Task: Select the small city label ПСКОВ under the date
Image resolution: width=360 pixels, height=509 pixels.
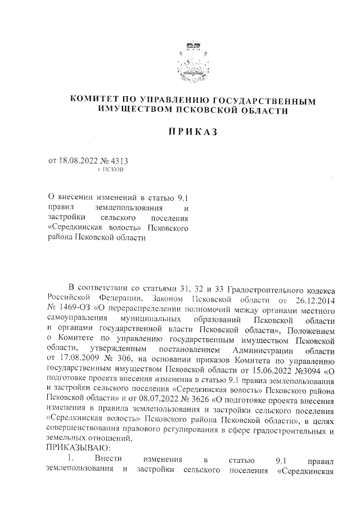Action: [x=114, y=169]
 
